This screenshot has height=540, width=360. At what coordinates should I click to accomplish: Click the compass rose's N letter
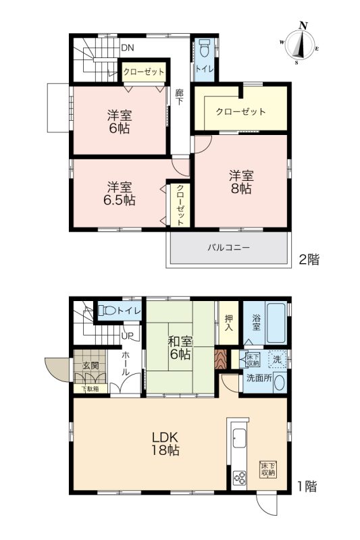tap(303, 25)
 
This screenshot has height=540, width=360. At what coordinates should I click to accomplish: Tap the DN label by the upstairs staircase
tap(127, 48)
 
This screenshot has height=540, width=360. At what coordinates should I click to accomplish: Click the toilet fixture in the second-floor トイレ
tap(205, 47)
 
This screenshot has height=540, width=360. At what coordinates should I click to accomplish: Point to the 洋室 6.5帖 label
tap(119, 194)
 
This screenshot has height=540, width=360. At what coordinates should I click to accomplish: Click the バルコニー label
tap(228, 247)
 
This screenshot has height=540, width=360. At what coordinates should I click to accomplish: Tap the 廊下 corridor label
tap(179, 97)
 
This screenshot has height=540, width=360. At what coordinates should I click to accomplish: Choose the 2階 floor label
tap(309, 259)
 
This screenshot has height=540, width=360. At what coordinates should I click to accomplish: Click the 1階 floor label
tap(307, 486)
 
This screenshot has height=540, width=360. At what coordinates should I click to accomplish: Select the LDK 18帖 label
tap(165, 443)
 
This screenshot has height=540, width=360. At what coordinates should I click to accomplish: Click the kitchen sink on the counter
tap(239, 438)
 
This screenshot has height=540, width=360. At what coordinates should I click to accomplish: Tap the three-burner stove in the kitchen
tap(239, 478)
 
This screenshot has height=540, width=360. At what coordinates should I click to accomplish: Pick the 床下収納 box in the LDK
tap(268, 469)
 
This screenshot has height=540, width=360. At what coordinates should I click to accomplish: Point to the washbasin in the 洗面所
tap(279, 382)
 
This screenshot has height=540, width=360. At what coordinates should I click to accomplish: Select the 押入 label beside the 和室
tap(228, 323)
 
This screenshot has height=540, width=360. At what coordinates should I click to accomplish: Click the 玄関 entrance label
tap(91, 365)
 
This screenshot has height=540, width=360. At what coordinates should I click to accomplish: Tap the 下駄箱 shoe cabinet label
tap(90, 389)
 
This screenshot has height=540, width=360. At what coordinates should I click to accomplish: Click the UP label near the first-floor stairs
tap(127, 336)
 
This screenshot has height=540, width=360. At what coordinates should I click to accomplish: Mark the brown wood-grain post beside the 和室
tap(220, 359)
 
